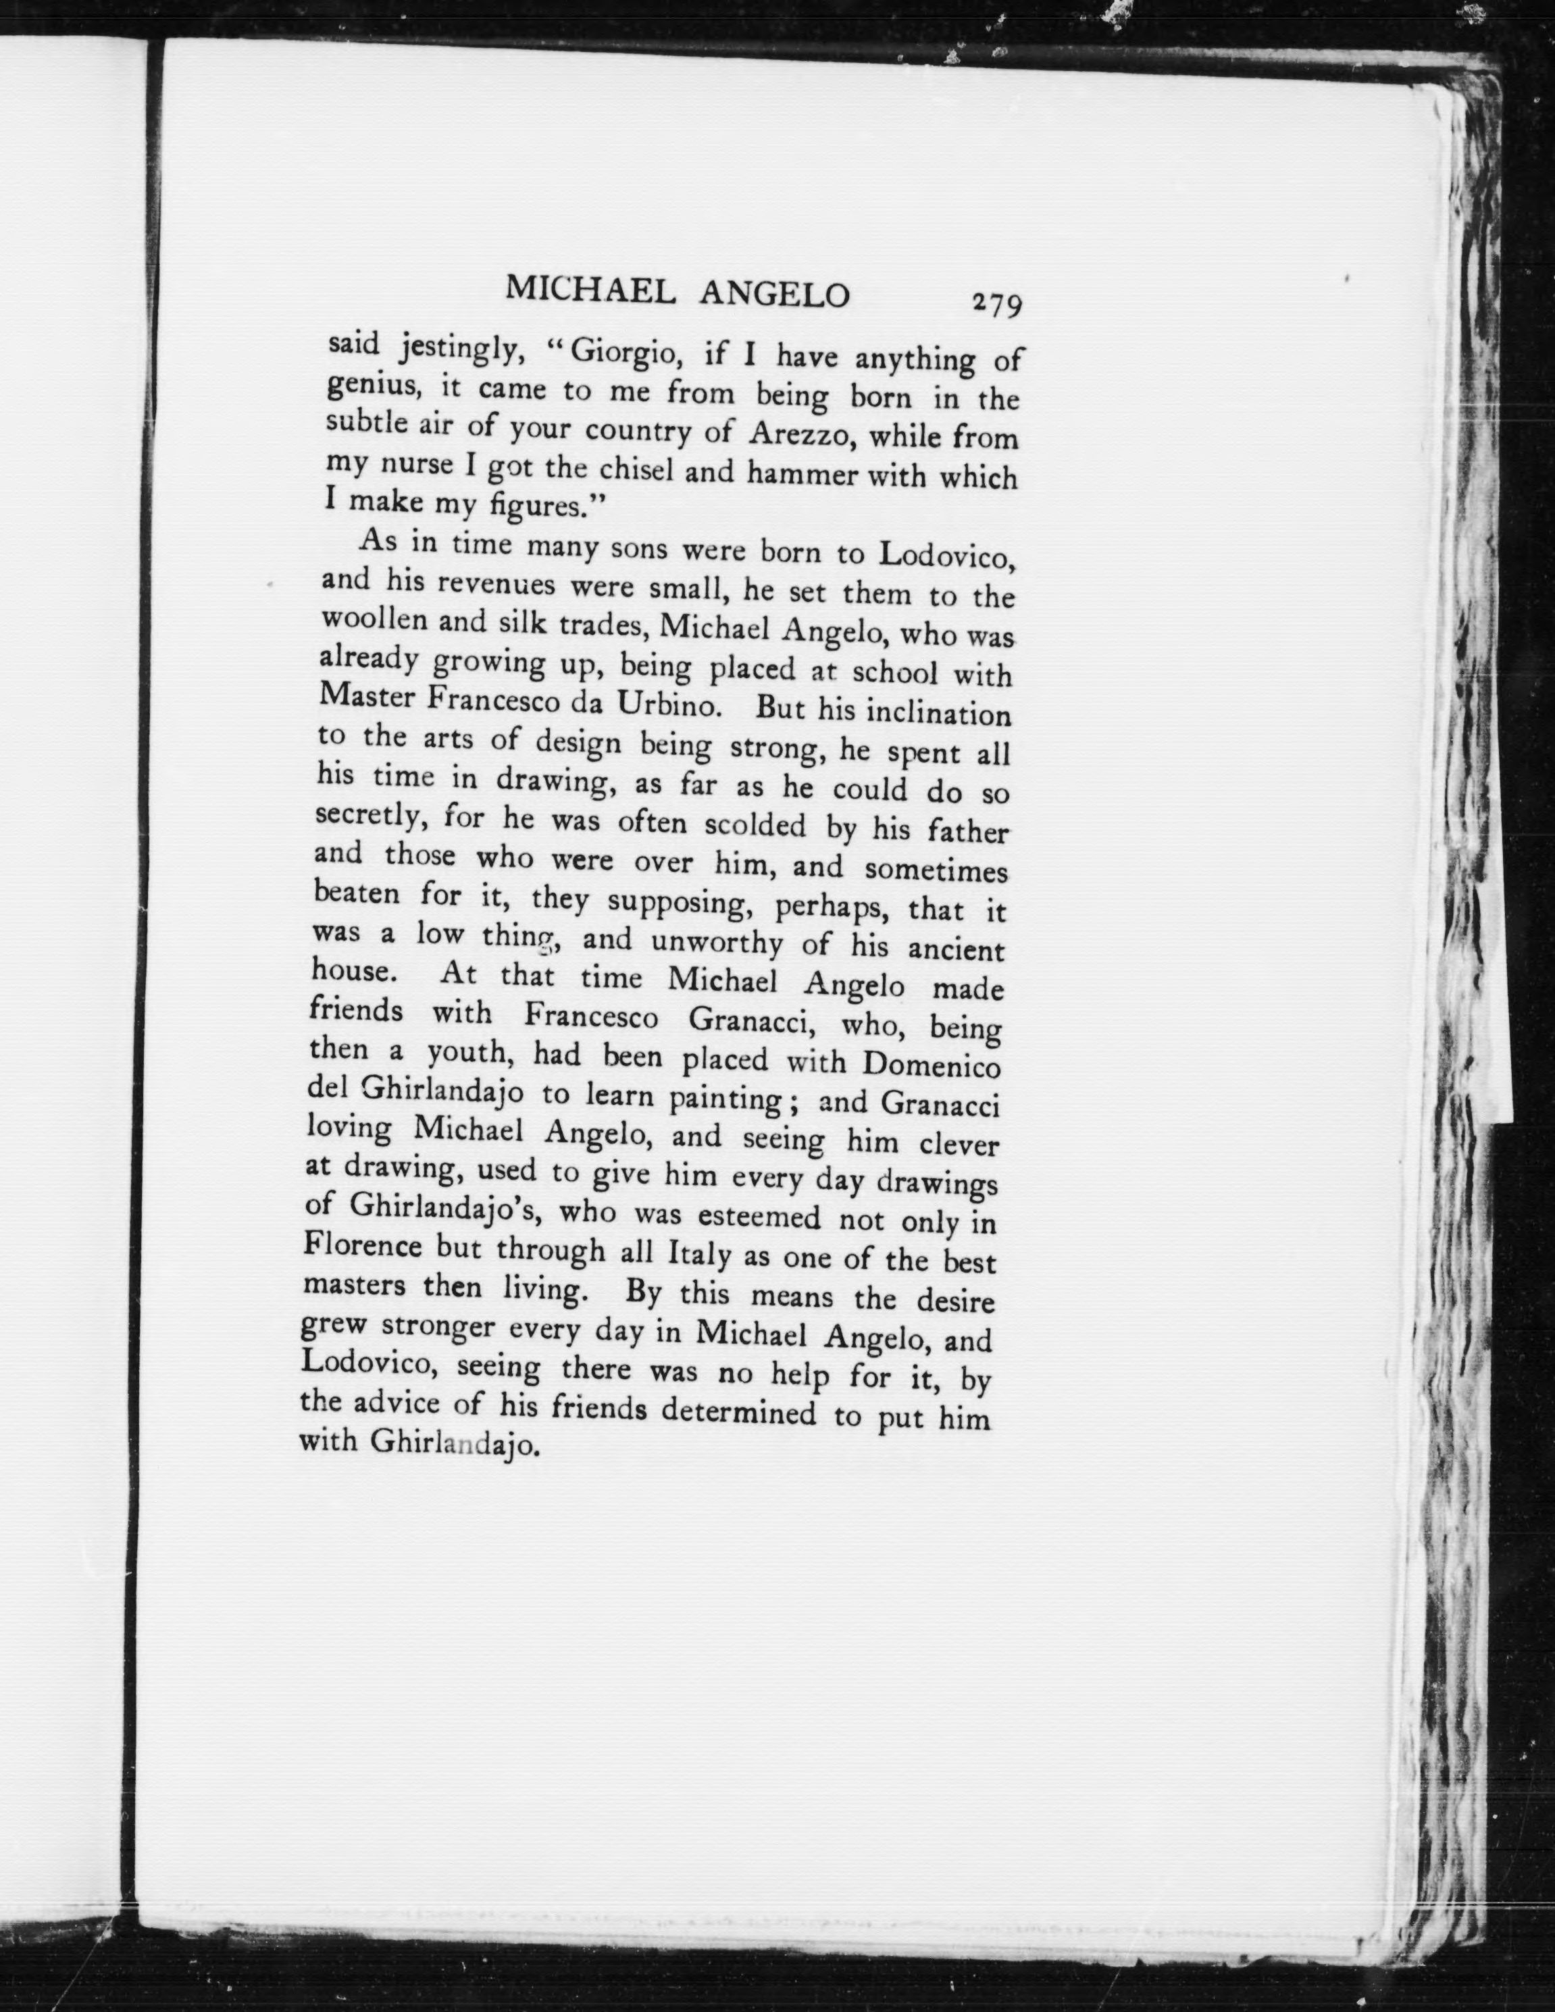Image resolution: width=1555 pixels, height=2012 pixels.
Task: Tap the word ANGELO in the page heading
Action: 774,294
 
